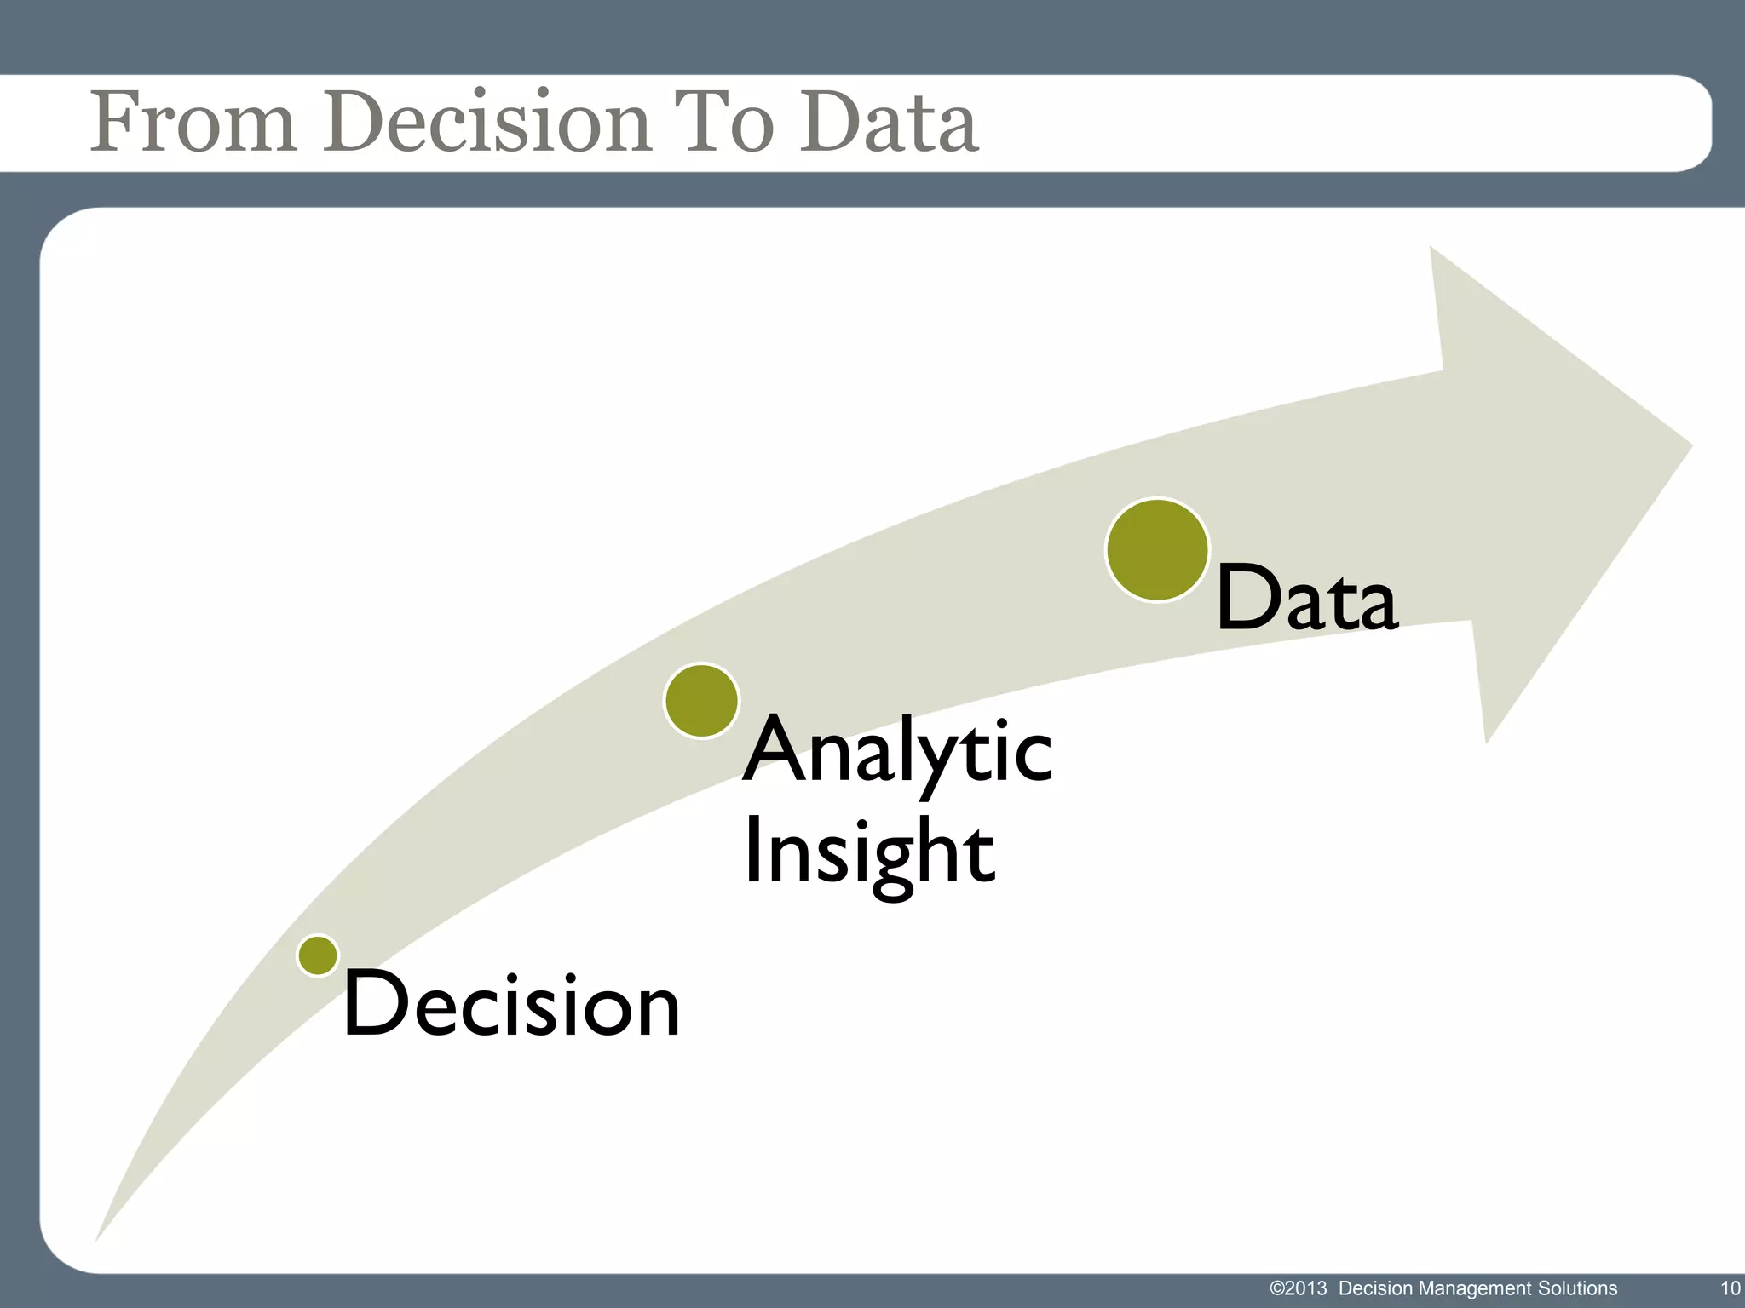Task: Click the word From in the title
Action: point(193,123)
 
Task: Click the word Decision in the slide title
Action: point(486,123)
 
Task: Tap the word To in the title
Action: point(723,123)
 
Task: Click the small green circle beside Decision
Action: point(318,955)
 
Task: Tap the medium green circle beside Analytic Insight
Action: point(701,700)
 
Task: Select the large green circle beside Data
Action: point(1157,550)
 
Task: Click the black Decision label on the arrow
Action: point(511,1006)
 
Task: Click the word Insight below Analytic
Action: point(869,852)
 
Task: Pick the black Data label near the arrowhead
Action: point(1306,600)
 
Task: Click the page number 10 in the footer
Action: point(1730,1288)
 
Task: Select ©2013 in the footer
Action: point(1298,1288)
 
